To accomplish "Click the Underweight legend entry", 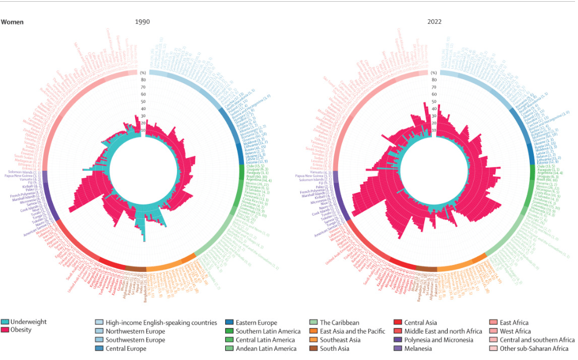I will [27, 322].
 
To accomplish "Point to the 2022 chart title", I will [434, 22].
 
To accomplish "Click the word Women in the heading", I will [12, 22].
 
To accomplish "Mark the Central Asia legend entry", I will [421, 322].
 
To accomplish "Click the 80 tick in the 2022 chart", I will [434, 80].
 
